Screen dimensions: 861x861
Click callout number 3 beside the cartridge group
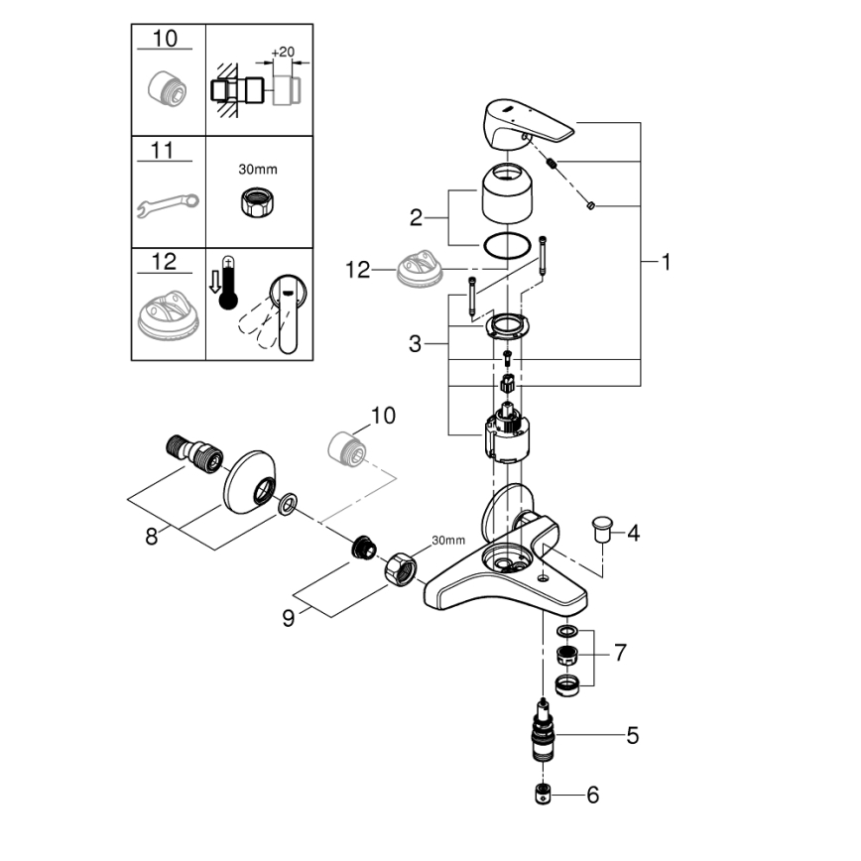tap(417, 344)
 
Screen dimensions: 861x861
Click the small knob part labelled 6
tap(541, 795)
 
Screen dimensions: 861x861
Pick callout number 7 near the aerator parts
tap(620, 653)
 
